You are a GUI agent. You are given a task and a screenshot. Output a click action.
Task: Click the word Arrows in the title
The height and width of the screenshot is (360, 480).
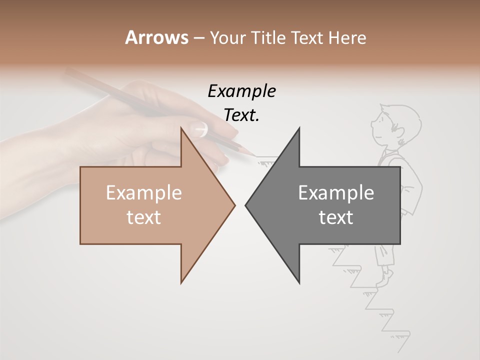pyautogui.click(x=156, y=37)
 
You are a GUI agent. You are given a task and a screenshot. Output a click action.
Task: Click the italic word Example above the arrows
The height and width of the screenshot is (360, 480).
pyautogui.click(x=241, y=91)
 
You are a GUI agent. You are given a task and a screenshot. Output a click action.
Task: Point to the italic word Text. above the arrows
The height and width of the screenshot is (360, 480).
pyautogui.click(x=241, y=115)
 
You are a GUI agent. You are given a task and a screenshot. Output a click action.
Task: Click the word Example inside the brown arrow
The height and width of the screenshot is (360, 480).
pyautogui.click(x=144, y=193)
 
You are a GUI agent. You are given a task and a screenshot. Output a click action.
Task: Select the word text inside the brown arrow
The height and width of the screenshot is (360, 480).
pyautogui.click(x=144, y=217)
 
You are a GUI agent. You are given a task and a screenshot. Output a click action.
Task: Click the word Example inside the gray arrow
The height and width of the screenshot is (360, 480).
pyautogui.click(x=336, y=193)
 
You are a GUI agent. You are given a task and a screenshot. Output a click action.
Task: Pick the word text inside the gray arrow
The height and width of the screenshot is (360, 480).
pyautogui.click(x=336, y=217)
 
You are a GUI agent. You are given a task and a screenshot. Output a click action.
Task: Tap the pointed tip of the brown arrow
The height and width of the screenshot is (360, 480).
pyautogui.click(x=234, y=204)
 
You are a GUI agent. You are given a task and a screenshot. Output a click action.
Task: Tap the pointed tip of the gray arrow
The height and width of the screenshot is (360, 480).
pyautogui.click(x=246, y=204)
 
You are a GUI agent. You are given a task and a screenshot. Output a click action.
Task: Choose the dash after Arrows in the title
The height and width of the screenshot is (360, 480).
pyautogui.click(x=198, y=38)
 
